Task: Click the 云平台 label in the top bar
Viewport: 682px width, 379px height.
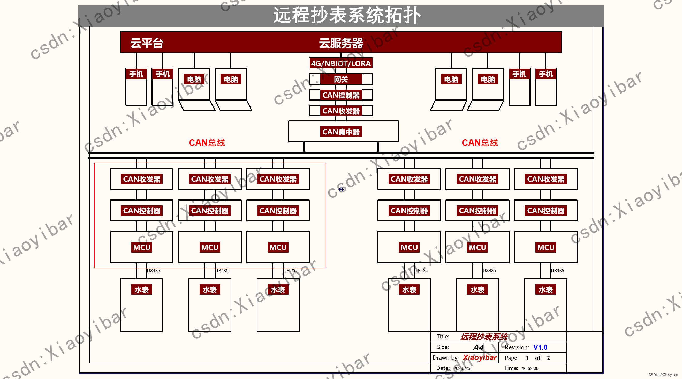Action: (147, 43)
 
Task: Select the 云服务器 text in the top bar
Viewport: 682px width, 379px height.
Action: (341, 43)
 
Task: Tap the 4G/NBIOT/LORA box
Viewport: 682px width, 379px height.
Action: (341, 63)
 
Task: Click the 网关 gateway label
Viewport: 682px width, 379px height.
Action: (341, 79)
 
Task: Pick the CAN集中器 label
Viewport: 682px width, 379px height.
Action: (341, 132)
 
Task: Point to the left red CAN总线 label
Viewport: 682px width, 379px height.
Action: (207, 143)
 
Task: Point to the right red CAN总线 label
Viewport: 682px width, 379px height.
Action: (480, 143)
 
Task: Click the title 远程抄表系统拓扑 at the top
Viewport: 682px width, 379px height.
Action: (347, 15)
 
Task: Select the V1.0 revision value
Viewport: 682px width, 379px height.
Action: (540, 347)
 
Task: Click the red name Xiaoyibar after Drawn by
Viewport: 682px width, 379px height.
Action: (480, 357)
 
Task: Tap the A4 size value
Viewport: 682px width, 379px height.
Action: (478, 347)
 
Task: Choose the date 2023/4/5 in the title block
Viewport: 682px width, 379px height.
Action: (462, 368)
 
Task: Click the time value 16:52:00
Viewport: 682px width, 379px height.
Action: (530, 368)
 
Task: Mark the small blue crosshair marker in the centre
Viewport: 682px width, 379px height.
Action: (341, 189)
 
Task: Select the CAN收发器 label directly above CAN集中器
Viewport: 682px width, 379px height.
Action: (341, 111)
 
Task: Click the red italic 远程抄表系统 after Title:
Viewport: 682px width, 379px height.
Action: (484, 337)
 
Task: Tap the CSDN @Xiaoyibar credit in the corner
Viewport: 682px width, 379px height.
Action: (663, 375)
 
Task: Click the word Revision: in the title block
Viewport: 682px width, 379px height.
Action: (517, 347)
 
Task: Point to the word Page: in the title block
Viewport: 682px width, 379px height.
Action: (511, 358)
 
